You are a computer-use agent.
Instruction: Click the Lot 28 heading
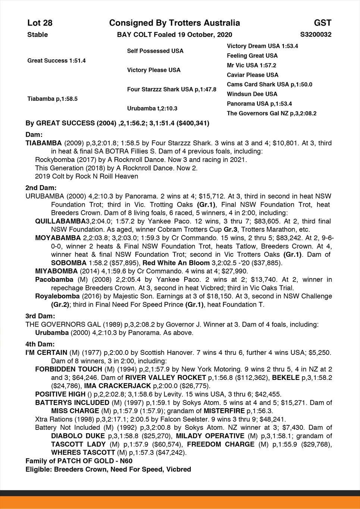coord(40,23)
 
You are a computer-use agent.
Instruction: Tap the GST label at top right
coord(322,23)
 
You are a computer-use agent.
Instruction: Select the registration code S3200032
coord(316,35)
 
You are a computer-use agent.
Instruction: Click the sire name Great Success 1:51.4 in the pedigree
coord(56,60)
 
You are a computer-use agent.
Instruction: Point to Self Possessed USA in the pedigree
coord(155,51)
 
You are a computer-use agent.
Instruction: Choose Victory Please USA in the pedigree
coord(154,70)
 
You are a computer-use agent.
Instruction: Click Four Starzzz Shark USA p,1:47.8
coord(172,90)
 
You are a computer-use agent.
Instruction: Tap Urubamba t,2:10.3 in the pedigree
coord(152,109)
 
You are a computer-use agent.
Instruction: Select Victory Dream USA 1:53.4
coord(262,46)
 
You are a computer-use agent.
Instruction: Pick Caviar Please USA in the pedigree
coord(253,75)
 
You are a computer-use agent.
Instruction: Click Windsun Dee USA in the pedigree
coord(252,94)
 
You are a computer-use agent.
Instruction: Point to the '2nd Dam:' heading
coord(41,188)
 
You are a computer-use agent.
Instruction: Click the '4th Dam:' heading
coord(40,344)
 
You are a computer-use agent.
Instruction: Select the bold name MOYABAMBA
coord(58,238)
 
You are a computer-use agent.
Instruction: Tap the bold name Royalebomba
coord(57,296)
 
